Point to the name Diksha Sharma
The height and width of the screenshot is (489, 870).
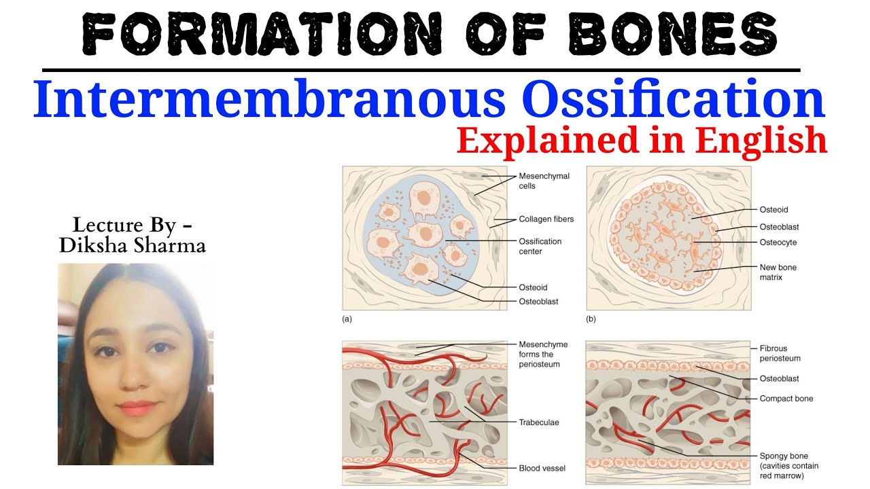tap(132, 245)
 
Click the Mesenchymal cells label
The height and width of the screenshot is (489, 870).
tap(544, 181)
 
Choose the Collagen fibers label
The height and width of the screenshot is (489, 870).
tap(546, 219)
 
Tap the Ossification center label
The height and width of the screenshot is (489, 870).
tap(540, 246)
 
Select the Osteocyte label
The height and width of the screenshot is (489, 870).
tap(778, 242)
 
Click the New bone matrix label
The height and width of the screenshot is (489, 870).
tap(778, 272)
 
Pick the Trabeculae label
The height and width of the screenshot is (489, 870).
tap(539, 422)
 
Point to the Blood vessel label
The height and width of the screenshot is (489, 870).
tap(542, 468)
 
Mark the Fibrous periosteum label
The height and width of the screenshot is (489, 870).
tap(780, 353)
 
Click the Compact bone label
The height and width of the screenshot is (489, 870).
tap(786, 399)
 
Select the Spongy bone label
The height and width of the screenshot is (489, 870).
tap(784, 456)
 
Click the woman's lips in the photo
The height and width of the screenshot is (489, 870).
tap(139, 407)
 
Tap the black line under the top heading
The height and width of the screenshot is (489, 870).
tap(421, 69)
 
